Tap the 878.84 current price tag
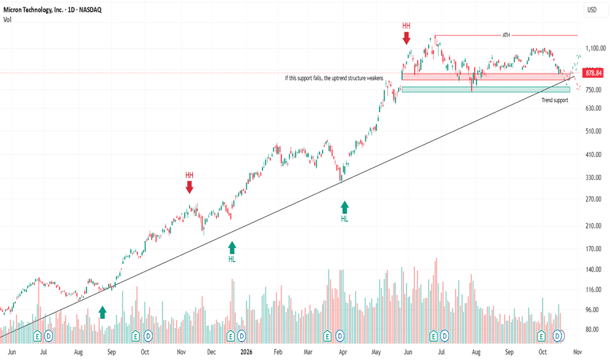(594, 73)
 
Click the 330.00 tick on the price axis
(594, 177)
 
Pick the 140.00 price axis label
(594, 269)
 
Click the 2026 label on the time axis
(246, 352)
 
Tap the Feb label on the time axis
(278, 352)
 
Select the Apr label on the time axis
(343, 352)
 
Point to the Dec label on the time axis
(211, 352)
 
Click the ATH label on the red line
(506, 35)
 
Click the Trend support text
(555, 100)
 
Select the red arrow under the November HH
(189, 188)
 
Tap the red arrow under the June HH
(406, 38)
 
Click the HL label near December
(232, 259)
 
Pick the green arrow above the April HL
(345, 207)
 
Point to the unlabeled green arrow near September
(102, 312)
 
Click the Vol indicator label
(7, 20)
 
